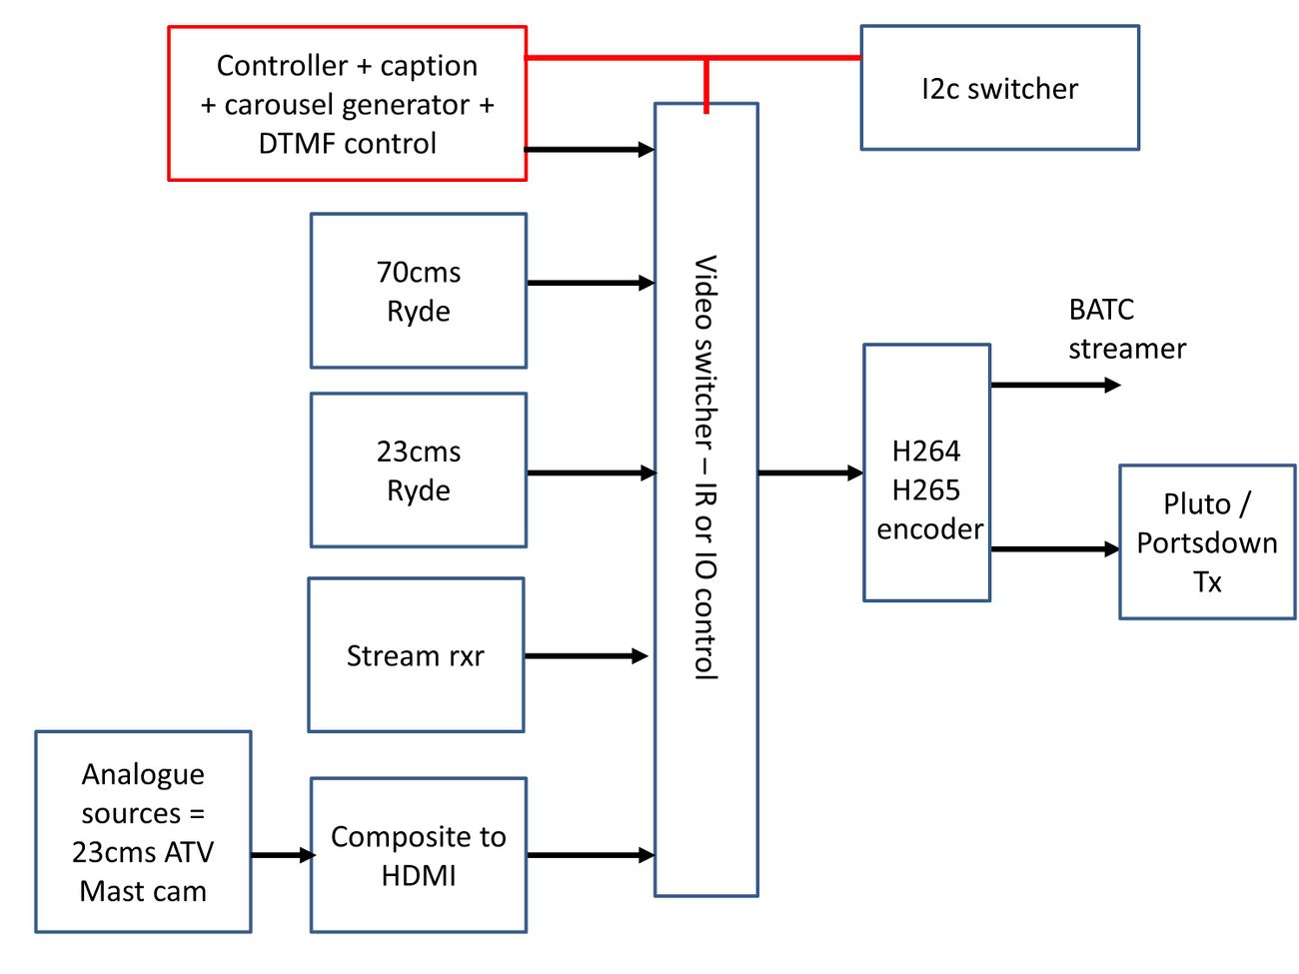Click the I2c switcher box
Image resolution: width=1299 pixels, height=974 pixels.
tap(999, 88)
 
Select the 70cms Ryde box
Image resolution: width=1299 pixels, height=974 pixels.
tap(418, 291)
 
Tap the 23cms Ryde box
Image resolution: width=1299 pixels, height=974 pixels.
tap(418, 471)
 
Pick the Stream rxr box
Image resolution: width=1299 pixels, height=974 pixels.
tap(415, 655)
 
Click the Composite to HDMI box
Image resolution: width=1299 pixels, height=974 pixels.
tap(418, 855)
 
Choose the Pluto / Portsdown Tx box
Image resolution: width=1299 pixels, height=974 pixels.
tap(1207, 542)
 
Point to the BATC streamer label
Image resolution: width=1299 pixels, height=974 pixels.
tap(1126, 329)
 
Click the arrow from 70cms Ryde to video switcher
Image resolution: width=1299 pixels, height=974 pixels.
tap(590, 283)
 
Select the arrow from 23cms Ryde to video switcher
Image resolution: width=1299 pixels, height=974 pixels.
tap(590, 473)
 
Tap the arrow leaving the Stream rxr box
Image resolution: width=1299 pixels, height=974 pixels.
tap(586, 656)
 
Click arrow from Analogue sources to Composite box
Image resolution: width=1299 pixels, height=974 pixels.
tap(282, 855)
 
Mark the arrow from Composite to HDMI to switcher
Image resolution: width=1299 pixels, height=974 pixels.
tap(590, 855)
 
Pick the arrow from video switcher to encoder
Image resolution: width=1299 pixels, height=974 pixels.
tap(809, 473)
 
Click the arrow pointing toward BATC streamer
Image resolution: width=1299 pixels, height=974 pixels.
tap(1054, 385)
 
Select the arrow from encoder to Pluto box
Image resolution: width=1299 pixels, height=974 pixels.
tap(1054, 548)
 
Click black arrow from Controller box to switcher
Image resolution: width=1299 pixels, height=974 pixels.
tap(590, 150)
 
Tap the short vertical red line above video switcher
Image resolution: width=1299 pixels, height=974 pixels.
tap(706, 85)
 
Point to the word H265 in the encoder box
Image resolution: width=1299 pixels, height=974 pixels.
tap(925, 489)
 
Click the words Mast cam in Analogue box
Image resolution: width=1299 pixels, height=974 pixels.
tap(143, 891)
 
